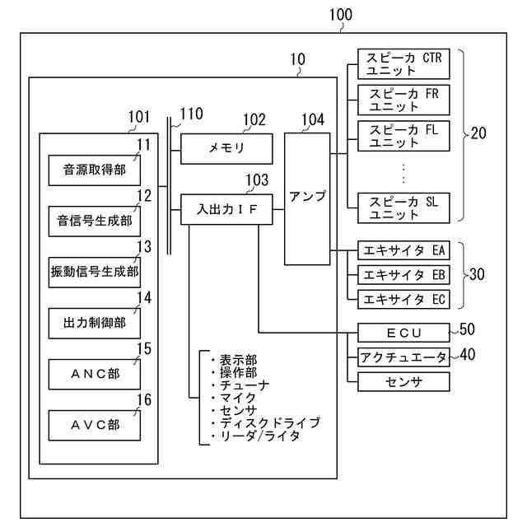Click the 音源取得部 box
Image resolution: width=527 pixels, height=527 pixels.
coord(94,170)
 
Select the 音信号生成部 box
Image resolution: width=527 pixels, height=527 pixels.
coord(94,221)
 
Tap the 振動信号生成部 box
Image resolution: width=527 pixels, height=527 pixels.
coord(94,270)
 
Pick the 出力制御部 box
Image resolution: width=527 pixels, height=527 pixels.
coord(94,323)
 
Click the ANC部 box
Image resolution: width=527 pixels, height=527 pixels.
coord(94,374)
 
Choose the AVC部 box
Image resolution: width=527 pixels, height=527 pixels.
coord(94,425)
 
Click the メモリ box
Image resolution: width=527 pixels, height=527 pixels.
coord(226,147)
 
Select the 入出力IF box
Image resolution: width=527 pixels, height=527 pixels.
coord(226,209)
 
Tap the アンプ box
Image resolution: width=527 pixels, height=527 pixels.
coord(308,198)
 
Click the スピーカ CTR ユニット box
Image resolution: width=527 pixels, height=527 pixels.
coord(404,64)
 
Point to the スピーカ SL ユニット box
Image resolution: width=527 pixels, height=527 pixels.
coord(404,208)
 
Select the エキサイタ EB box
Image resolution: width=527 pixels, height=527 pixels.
coord(404,274)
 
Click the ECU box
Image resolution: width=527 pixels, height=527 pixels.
coord(404,332)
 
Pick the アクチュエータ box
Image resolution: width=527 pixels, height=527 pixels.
coord(404,357)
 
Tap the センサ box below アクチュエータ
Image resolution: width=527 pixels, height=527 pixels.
coord(404,381)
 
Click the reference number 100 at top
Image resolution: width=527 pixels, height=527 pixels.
coord(340,14)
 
